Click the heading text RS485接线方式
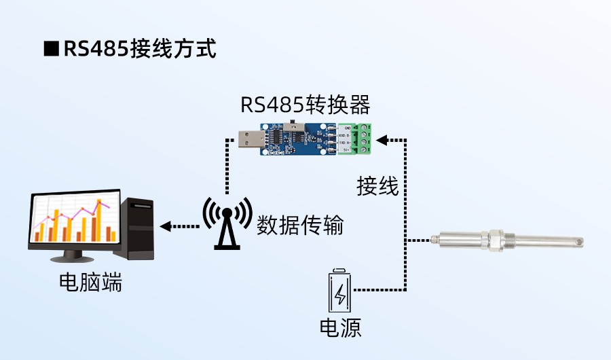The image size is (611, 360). coord(139,49)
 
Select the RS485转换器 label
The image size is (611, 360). coord(305,105)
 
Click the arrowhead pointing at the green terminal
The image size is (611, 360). coord(382,140)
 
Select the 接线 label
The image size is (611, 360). coord(378,185)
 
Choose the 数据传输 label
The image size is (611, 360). coord(299,225)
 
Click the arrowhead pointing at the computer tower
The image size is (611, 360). coord(165,226)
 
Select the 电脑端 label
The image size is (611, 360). coord(91,282)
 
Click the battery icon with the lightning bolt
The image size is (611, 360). coord(340,291)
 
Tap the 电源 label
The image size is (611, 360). coord(340,328)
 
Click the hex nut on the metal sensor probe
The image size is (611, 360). coord(485,240)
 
